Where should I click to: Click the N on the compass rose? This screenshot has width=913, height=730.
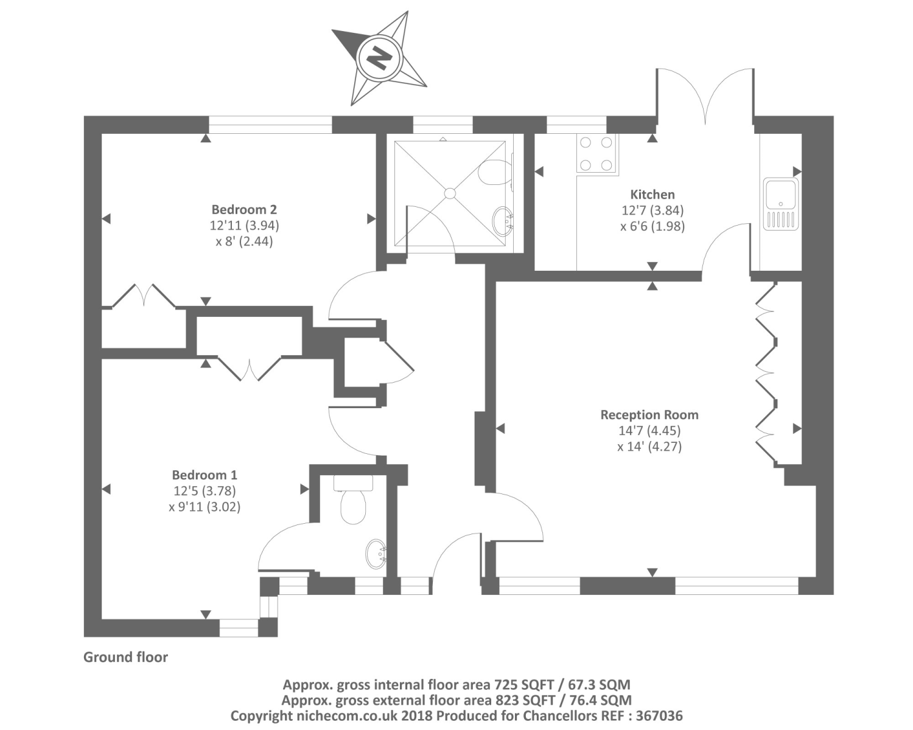click(x=379, y=58)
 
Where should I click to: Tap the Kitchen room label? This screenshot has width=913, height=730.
click(x=652, y=195)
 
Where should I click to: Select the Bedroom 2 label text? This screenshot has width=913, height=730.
click(x=244, y=210)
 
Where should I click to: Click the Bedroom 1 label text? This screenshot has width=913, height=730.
click(x=205, y=475)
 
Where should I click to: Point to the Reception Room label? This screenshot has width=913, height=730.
click(x=649, y=415)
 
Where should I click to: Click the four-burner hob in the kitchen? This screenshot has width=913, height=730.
click(x=596, y=153)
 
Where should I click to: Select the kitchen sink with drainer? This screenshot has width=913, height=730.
click(x=780, y=203)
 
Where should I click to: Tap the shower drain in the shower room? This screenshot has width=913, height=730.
click(x=450, y=193)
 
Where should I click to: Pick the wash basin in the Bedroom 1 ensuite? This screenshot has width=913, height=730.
click(x=377, y=554)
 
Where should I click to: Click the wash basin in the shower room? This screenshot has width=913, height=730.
click(x=503, y=221)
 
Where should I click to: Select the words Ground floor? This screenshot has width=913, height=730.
click(x=125, y=657)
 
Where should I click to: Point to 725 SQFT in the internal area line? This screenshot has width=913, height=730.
click(x=528, y=684)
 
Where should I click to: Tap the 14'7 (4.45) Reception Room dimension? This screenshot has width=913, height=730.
click(x=649, y=431)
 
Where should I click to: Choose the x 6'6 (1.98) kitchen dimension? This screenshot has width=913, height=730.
click(x=652, y=226)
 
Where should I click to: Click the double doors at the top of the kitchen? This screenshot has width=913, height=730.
click(x=705, y=97)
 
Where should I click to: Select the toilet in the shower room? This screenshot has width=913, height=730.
click(x=494, y=172)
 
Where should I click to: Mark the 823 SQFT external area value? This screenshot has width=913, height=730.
click(x=530, y=700)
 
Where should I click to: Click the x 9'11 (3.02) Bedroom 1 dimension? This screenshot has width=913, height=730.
click(x=205, y=507)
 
